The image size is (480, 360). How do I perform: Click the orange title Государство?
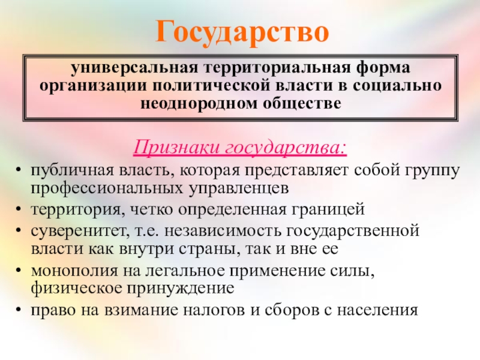click(242, 32)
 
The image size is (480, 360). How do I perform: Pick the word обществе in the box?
click(302, 103)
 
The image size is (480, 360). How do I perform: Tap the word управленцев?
click(238, 188)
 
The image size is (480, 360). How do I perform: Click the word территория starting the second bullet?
click(78, 210)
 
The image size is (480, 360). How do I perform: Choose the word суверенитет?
click(80, 231)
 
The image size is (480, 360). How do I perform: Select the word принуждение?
click(181, 289)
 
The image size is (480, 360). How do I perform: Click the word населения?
click(377, 310)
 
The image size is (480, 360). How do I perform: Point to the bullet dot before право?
click(19, 310)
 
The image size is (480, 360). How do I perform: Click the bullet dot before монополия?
click(19, 271)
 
